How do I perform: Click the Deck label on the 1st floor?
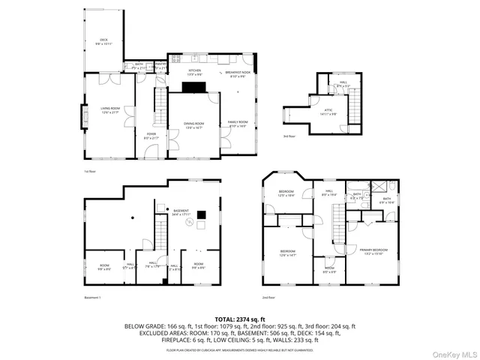(103, 41)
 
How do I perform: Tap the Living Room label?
(111, 110)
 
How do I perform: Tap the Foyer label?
(151, 136)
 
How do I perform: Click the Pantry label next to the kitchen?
(159, 66)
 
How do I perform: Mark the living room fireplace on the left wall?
(82, 116)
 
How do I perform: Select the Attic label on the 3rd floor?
(329, 111)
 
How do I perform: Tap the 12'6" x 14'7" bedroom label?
(288, 253)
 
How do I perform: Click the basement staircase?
(159, 232)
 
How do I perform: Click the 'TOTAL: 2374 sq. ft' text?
(239, 319)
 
